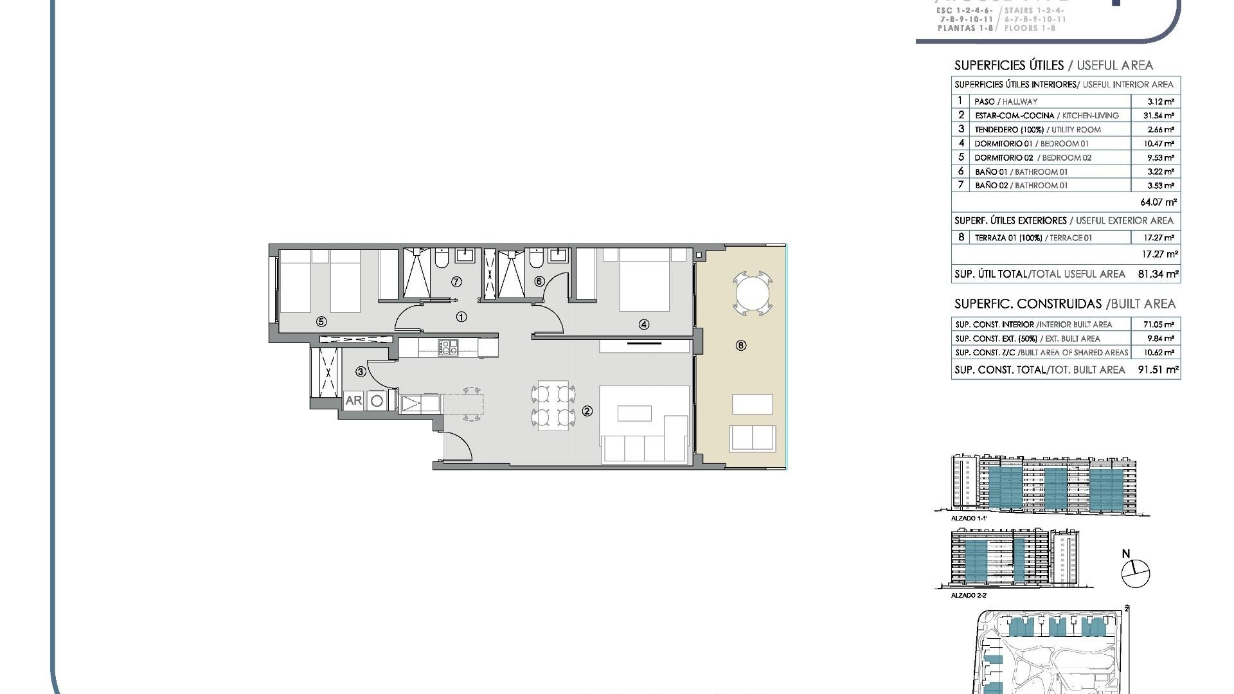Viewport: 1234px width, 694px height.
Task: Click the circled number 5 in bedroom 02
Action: point(321,322)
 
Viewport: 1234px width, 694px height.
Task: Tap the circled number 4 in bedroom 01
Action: point(644,325)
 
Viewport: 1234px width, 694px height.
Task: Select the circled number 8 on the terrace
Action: point(741,346)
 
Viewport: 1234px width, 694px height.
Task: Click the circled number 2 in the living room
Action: point(587,411)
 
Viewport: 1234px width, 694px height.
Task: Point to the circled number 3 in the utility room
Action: point(361,371)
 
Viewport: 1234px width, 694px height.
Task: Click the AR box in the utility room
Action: point(353,400)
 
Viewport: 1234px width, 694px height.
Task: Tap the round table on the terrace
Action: point(752,294)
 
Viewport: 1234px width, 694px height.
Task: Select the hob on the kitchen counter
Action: point(448,348)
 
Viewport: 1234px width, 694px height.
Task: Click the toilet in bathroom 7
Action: point(441,259)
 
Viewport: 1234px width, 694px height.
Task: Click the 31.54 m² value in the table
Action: point(1161,116)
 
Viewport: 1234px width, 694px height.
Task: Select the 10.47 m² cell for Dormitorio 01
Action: point(1161,144)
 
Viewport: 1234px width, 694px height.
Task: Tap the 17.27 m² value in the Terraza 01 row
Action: point(1161,238)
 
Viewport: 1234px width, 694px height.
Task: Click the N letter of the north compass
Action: point(1126,554)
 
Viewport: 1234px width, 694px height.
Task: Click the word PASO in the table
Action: point(984,102)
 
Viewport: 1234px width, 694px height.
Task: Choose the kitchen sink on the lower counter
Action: point(411,404)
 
